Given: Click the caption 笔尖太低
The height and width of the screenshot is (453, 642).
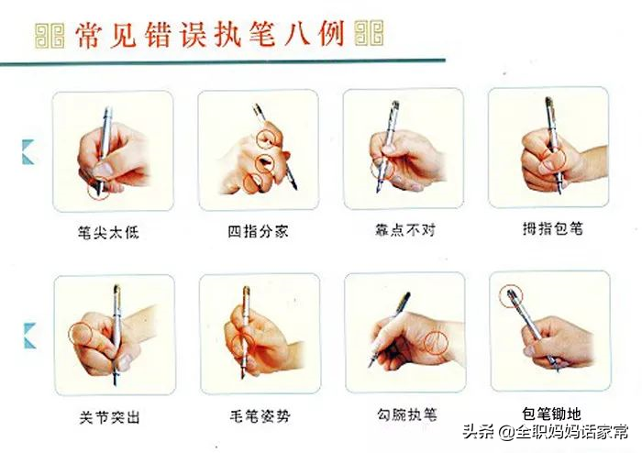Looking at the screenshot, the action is coord(108,232).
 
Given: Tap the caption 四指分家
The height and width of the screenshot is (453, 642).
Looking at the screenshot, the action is coord(258,231).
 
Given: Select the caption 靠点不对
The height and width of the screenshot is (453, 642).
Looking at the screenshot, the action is coord(405,230).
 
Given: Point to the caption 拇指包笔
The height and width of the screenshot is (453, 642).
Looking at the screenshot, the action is coord(553,228).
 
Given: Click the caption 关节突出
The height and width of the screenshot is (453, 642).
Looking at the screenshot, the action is coord(110,417).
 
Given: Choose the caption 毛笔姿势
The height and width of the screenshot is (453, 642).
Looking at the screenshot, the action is coord(260,416).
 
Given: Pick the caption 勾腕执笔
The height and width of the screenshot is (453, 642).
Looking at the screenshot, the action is coord(407,414).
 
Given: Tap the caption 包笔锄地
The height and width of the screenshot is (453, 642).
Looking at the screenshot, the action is coord(551,414).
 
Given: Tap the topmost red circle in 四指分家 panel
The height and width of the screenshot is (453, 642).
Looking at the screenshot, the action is coord(256,138).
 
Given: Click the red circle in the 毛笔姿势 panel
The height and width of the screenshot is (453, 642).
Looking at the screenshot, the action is coord(232,344).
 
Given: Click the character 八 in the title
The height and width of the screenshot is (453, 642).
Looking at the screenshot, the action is coord(297,34).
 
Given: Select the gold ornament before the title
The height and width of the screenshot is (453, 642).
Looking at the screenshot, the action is coord(50,36).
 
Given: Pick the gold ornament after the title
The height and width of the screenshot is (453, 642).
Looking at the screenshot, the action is coord(369,33).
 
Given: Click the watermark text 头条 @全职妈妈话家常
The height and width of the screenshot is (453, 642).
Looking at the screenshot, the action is coord(546,431).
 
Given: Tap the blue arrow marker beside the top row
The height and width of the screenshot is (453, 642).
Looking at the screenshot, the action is coord(28,152).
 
